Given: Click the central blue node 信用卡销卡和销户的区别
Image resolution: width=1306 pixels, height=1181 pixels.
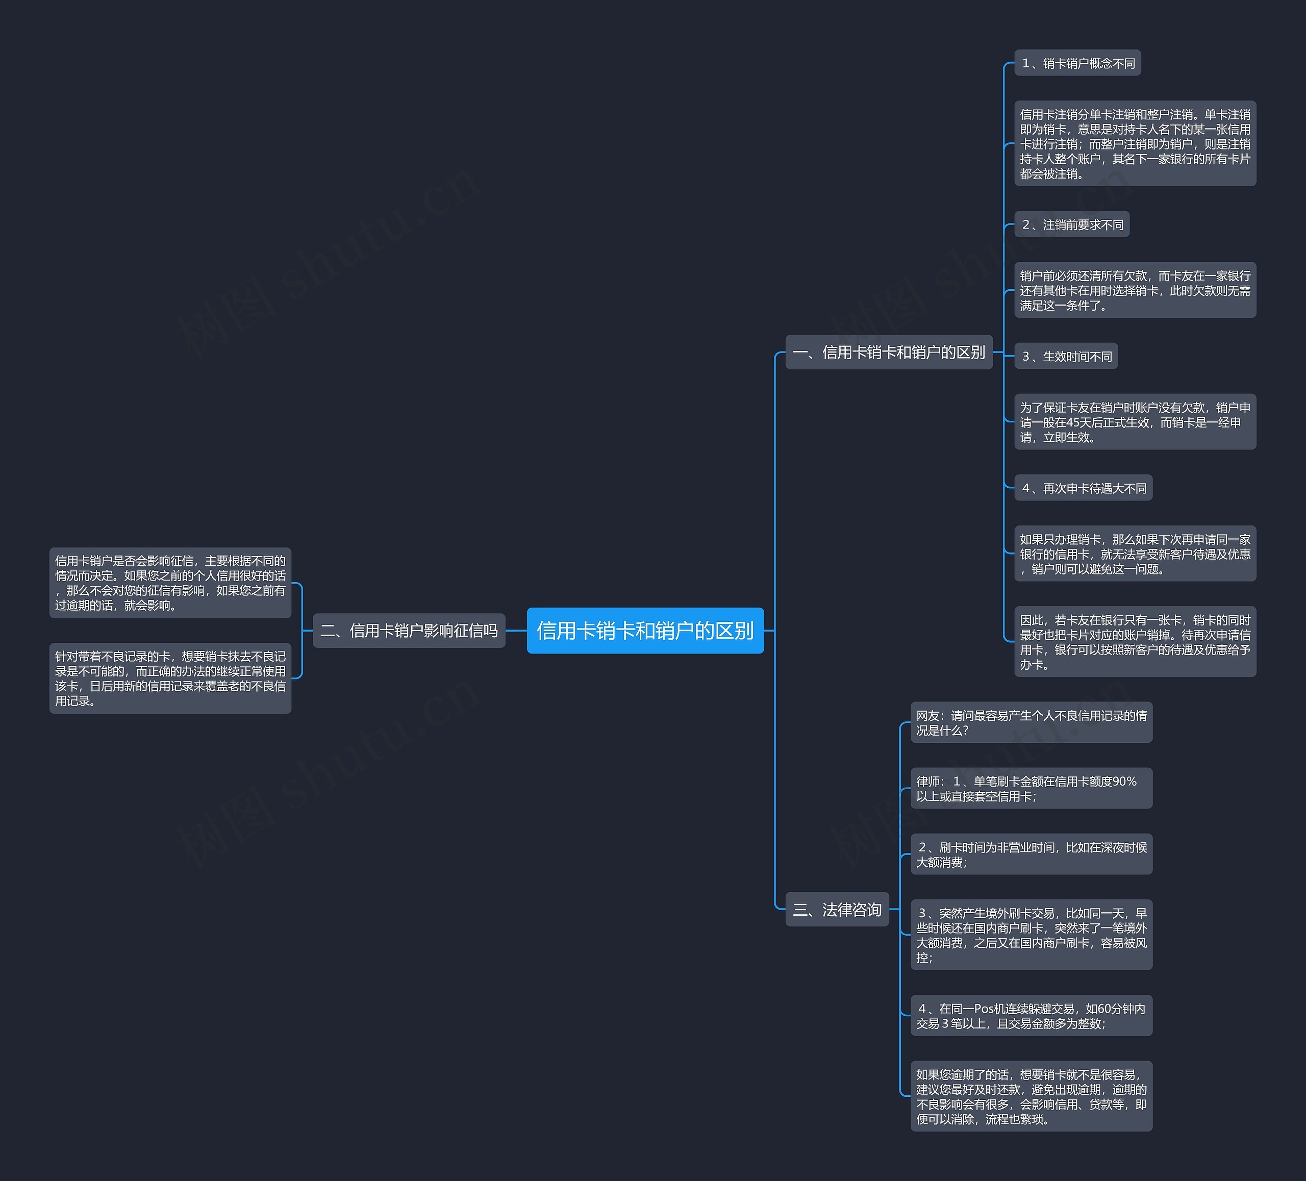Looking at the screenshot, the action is coord(645,631).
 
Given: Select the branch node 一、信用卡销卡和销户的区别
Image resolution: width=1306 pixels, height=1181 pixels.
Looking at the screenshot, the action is coord(889,353).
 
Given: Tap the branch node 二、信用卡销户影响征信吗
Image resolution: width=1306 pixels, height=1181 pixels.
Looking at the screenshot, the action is coord(409,631).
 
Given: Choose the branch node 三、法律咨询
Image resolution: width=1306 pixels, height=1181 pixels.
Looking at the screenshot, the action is coord(837,910).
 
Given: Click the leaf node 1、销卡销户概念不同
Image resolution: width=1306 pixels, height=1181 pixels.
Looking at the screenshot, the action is coord(1077,63).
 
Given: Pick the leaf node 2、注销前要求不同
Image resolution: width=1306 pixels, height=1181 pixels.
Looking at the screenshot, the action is coord(1071,224).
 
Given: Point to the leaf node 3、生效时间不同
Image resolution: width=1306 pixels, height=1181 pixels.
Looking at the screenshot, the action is coord(1066,356).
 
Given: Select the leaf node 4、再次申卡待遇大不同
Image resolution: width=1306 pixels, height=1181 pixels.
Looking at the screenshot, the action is coord(1083,488).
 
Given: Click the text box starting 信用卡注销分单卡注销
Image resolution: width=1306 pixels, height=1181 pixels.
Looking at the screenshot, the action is coord(1135,144).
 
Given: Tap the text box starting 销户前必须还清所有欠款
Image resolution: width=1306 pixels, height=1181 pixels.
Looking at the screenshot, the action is coord(1135,290).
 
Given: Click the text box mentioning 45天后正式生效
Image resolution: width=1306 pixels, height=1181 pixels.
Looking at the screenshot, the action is coord(1135,422).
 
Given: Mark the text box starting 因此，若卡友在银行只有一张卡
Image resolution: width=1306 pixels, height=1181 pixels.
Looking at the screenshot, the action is coord(1135,642).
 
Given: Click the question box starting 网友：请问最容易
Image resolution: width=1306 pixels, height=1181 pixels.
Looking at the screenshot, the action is coord(1032,722).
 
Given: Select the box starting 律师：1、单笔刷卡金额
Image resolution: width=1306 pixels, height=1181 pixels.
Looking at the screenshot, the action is coord(1032,788).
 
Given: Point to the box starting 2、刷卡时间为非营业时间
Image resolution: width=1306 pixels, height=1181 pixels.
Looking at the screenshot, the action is coord(1032,855).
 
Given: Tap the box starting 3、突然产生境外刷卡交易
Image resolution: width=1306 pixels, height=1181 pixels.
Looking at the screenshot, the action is coord(1032,935).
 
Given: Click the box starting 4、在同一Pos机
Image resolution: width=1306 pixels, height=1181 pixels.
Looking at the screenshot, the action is coord(1032,1016).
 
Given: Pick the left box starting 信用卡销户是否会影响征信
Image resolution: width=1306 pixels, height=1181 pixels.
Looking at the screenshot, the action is coord(170,583).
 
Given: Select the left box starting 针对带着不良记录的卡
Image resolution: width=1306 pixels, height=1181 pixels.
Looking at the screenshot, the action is coord(170,679).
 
